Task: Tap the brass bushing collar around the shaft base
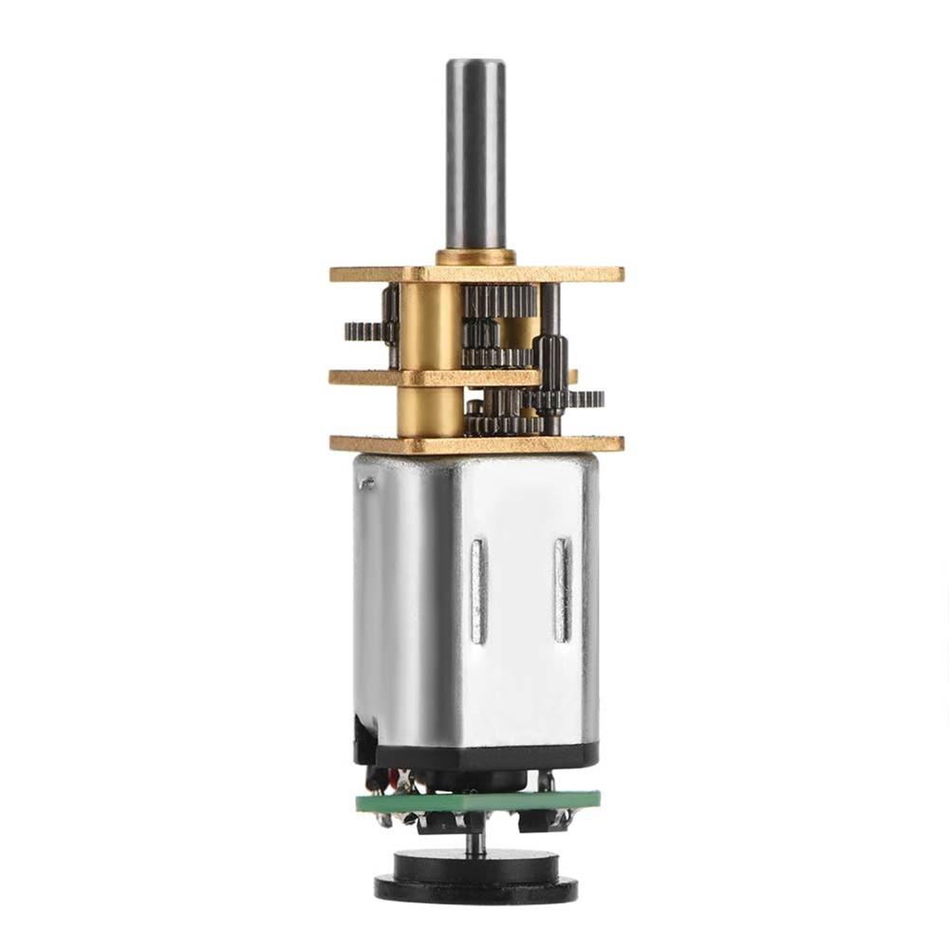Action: pyautogui.click(x=474, y=257)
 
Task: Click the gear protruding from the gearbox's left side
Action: pyautogui.click(x=361, y=331)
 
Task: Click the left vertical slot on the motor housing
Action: pyautogui.click(x=478, y=588)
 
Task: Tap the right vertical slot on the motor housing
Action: pyautogui.click(x=562, y=588)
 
